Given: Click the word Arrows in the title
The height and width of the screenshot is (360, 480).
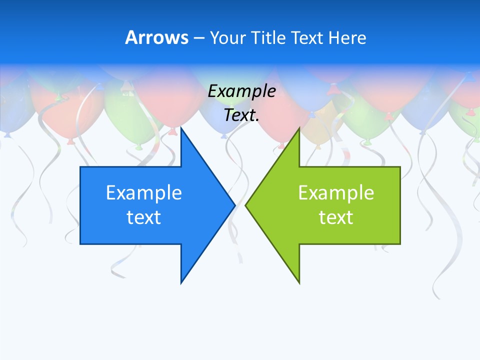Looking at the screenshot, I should (x=156, y=37).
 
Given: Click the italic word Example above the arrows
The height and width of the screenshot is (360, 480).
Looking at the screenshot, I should (x=241, y=91).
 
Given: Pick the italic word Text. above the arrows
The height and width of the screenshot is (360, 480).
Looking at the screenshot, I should (x=241, y=115).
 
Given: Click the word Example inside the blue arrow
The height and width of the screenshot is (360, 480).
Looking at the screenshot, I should (x=144, y=192).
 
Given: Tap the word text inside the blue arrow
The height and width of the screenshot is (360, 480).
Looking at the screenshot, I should (x=144, y=217).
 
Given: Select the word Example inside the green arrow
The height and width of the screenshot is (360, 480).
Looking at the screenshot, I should (x=336, y=192).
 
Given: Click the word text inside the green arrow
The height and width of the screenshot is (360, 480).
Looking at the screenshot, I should (x=336, y=217).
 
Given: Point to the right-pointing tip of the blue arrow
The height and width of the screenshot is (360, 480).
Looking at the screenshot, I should (x=235, y=205).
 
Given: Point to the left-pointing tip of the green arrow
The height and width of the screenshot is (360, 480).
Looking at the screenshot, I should (x=245, y=205).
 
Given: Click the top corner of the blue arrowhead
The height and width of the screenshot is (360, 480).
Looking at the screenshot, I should (x=181, y=128).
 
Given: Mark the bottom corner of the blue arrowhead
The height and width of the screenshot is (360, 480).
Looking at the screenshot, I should (x=181, y=283).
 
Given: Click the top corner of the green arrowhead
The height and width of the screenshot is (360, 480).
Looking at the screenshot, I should (x=299, y=128).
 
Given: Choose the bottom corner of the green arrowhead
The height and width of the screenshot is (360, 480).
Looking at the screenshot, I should (x=299, y=283).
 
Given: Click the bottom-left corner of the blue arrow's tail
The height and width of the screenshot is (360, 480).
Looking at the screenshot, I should (x=80, y=244).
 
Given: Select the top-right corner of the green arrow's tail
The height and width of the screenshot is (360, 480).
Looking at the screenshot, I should (x=400, y=167).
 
